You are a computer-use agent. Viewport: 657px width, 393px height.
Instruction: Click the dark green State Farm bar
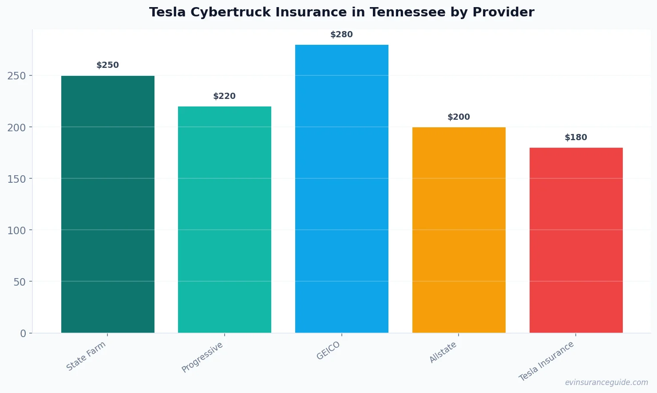click(x=108, y=204)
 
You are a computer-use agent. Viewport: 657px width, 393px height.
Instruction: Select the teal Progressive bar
click(x=225, y=220)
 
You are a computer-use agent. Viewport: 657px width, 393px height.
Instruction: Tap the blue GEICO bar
click(x=342, y=189)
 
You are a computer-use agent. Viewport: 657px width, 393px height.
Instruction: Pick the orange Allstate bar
click(x=459, y=230)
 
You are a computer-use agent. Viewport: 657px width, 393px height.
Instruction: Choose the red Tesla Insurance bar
click(x=576, y=240)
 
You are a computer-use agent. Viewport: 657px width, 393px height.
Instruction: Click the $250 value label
click(x=108, y=65)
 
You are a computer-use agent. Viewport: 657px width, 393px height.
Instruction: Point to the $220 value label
click(x=225, y=96)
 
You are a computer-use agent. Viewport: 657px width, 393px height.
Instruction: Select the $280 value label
click(x=342, y=35)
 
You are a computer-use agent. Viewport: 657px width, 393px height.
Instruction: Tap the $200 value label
click(x=459, y=117)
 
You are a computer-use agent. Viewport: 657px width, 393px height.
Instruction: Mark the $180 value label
click(x=576, y=138)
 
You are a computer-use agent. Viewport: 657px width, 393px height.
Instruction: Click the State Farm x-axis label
click(x=86, y=356)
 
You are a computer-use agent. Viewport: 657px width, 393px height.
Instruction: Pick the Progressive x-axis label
click(x=202, y=357)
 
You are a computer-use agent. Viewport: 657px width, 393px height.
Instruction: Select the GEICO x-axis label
click(x=328, y=350)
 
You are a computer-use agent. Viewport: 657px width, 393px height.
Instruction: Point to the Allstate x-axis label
click(x=443, y=353)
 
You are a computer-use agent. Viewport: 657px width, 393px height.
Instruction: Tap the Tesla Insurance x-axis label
click(x=546, y=361)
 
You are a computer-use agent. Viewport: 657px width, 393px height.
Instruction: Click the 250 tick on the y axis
click(x=16, y=76)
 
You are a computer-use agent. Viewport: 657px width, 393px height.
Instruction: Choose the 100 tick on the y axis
click(x=16, y=230)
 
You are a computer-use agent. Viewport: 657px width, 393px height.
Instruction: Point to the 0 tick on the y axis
click(x=23, y=334)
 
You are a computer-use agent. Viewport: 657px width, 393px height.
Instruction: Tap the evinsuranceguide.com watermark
click(x=606, y=382)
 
